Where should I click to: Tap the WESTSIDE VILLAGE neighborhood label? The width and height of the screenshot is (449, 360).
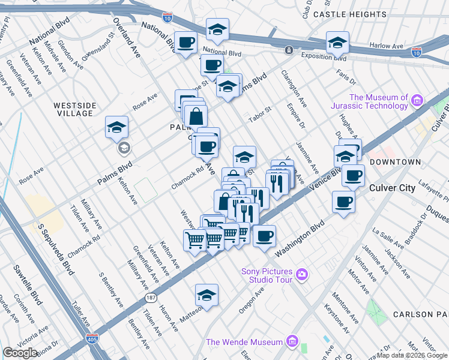pyautogui.click(x=74, y=110)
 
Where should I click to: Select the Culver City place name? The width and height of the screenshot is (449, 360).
pyautogui.click(x=391, y=188)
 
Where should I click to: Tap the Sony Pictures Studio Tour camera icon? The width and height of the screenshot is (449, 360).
pyautogui.click(x=301, y=275)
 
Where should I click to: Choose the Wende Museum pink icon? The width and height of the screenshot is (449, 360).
pyautogui.click(x=292, y=342)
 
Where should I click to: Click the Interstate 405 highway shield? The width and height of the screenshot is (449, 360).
pyautogui.click(x=91, y=339)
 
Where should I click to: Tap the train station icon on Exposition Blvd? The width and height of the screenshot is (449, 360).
pyautogui.click(x=289, y=50)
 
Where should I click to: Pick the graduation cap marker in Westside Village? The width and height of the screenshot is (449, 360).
pyautogui.click(x=116, y=127)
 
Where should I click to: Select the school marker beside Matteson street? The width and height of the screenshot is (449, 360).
pyautogui.click(x=206, y=295)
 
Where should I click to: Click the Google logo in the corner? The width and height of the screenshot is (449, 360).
pyautogui.click(x=20, y=353)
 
